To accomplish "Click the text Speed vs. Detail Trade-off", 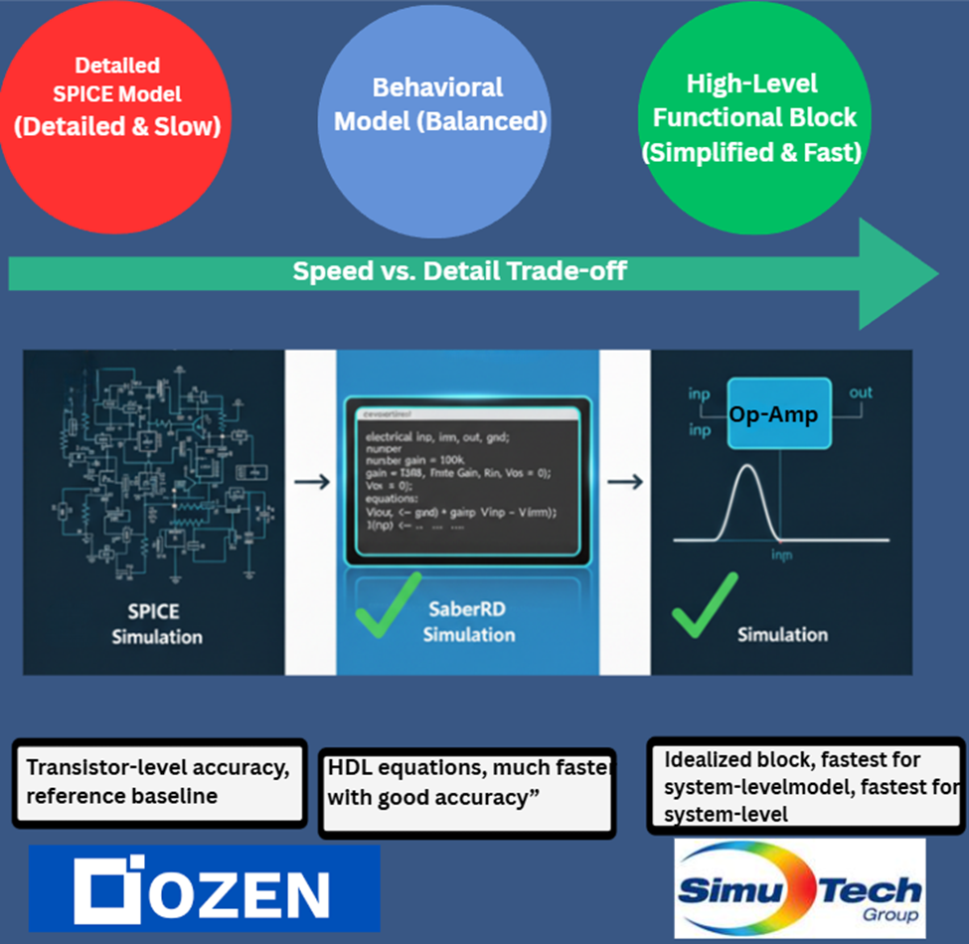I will (459, 271).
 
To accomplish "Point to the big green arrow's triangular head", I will (894, 274).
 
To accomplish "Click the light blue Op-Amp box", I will (774, 413).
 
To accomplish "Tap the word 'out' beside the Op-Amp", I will (861, 393).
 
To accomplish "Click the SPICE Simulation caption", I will (158, 623).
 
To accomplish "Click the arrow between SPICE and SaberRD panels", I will (312, 482).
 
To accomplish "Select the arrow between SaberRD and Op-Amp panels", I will (625, 482).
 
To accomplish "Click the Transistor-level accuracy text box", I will (158, 782).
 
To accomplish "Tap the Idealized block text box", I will (805, 785).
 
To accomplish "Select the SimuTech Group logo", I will (799, 887).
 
